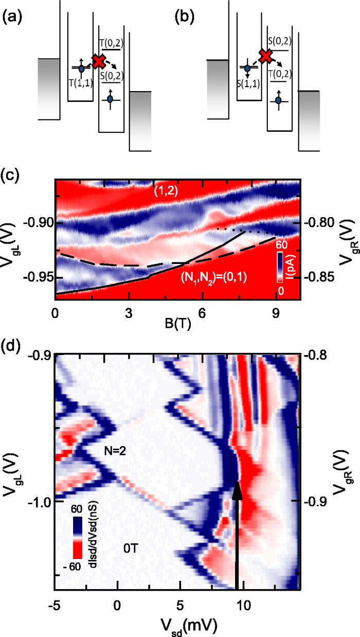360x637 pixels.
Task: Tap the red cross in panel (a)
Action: point(98,62)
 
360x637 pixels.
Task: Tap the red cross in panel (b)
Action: point(265,56)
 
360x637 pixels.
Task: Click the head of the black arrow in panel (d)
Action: point(237,489)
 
